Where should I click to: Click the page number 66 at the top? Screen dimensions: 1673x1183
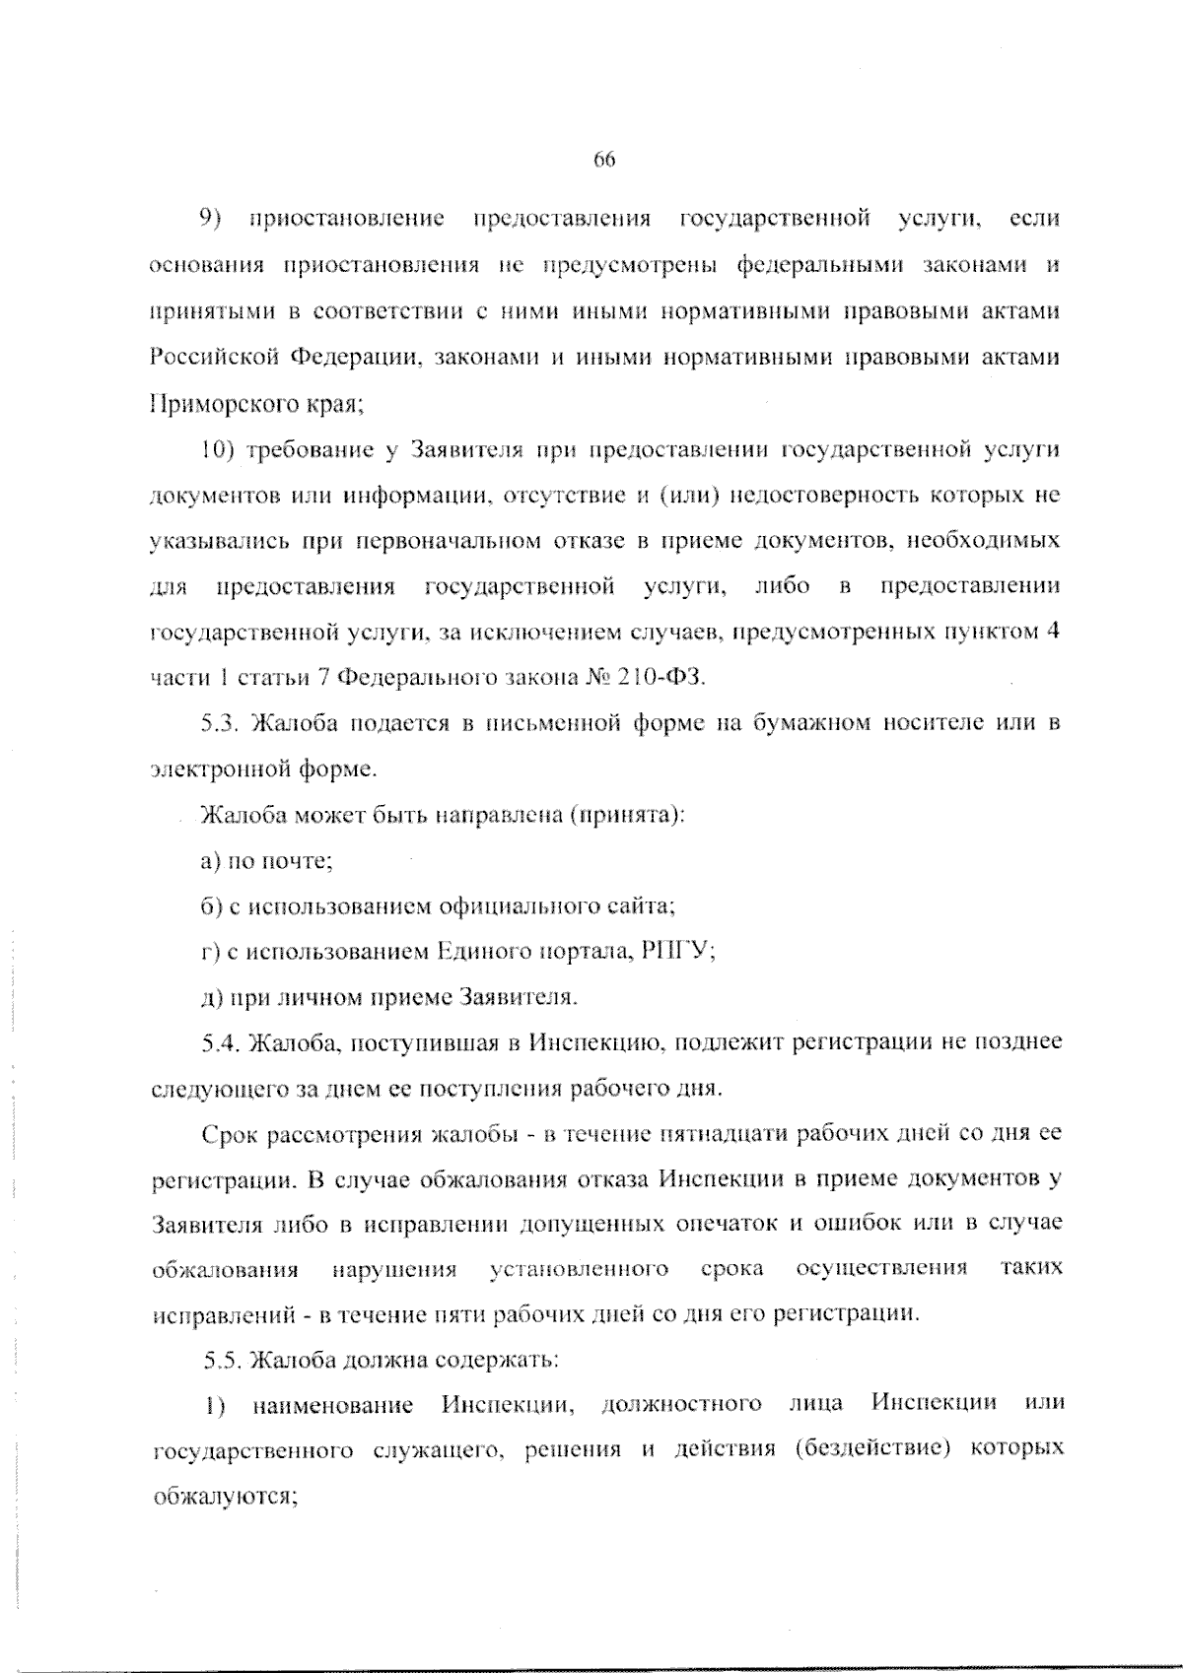click(604, 160)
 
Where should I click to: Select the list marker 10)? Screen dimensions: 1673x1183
click(216, 450)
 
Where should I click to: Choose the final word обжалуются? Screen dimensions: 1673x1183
click(226, 1497)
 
